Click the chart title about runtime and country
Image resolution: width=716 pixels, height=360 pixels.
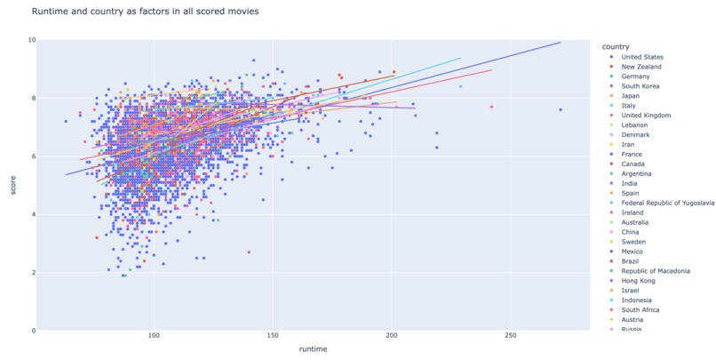point(146,12)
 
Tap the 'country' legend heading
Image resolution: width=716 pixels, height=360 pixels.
point(616,45)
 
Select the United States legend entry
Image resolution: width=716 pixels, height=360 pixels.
point(642,57)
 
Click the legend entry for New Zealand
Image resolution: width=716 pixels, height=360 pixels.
point(640,67)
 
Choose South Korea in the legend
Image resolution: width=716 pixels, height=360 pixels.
point(640,86)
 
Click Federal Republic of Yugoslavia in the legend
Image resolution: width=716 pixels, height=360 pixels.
point(667,203)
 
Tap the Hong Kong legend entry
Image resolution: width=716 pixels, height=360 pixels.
point(640,280)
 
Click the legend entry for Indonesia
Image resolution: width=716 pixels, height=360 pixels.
point(638,300)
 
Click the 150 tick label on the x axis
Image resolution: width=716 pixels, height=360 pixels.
point(273,336)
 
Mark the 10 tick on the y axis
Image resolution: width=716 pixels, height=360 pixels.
point(32,40)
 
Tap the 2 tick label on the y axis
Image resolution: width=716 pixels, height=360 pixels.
point(34,272)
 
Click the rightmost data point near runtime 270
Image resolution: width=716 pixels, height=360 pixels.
point(561,109)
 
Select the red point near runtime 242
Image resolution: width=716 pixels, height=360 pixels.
point(491,107)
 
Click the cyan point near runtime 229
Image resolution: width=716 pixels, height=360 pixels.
point(460,86)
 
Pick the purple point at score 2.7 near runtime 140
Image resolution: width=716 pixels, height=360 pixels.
point(249,252)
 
